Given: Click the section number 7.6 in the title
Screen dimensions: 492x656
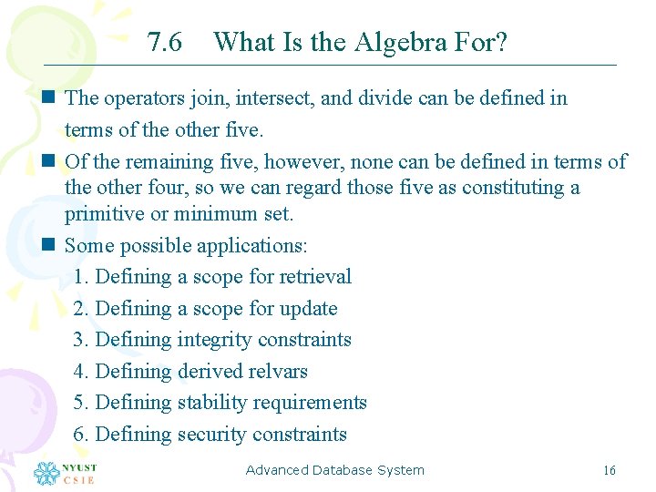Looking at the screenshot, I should (164, 42).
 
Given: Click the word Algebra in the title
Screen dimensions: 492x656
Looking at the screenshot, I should (394, 42).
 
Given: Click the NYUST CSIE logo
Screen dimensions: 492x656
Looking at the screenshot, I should (65, 473).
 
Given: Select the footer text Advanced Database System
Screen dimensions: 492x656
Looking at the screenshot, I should (334, 470).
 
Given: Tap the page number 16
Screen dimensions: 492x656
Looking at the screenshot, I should (610, 471).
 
